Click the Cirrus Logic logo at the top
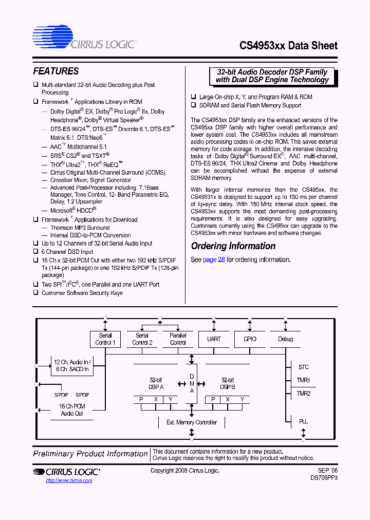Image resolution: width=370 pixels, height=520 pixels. click(84, 39)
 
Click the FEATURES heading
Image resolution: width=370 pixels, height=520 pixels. click(56, 71)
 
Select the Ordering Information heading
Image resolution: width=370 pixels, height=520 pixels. click(233, 246)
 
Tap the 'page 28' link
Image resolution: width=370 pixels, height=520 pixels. click(214, 259)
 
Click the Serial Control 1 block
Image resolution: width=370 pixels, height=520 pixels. click(105, 339)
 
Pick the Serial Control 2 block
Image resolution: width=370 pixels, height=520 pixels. click(142, 339)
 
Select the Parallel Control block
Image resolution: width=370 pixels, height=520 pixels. click(178, 339)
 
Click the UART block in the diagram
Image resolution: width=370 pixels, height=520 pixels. click(214, 339)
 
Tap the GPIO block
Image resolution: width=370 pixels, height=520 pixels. click(250, 339)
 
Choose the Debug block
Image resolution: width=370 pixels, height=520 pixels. click(286, 339)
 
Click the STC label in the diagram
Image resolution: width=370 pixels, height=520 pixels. click(303, 367)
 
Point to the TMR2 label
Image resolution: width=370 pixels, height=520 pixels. click(303, 394)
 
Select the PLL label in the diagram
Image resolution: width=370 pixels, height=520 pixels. click(303, 421)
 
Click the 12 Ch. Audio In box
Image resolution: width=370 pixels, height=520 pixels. click(72, 365)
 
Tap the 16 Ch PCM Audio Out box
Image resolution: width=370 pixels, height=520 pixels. click(72, 410)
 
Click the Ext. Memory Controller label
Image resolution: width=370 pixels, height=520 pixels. click(192, 422)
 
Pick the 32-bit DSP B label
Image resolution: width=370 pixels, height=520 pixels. click(228, 383)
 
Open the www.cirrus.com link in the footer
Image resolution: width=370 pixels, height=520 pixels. click(69, 480)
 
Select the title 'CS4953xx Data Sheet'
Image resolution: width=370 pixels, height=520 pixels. click(288, 46)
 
